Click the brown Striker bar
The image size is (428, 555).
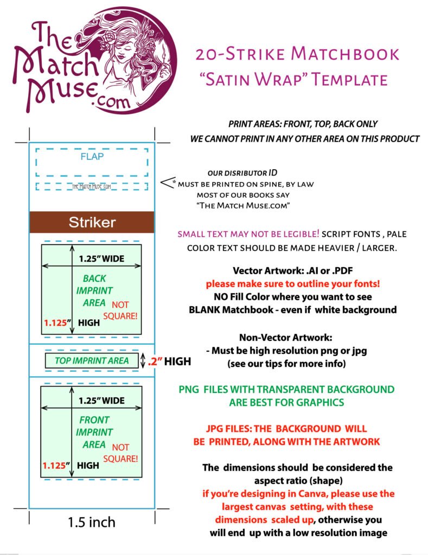[92, 222]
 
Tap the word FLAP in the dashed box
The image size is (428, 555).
[92, 157]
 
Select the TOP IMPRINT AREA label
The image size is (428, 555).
[92, 360]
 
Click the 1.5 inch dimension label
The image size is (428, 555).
[92, 522]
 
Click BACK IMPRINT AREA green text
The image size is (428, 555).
[94, 291]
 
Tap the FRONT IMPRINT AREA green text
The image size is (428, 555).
[94, 432]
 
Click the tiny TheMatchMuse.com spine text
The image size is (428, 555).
[92, 186]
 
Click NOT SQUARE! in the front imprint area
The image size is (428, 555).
[124, 453]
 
